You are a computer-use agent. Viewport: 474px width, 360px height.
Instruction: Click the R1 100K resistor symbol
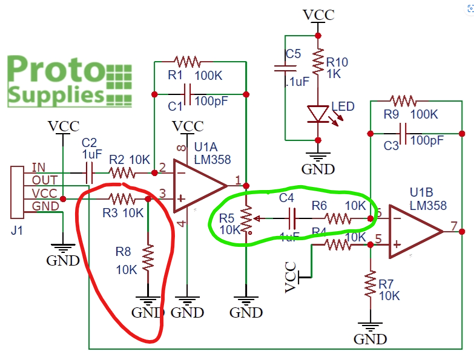186,61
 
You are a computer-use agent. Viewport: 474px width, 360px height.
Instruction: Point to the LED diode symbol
317,113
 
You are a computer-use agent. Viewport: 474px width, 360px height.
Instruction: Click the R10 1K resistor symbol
317,62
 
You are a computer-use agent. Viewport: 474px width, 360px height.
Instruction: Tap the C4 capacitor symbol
292,217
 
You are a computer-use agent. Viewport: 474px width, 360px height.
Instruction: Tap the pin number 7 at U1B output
453,226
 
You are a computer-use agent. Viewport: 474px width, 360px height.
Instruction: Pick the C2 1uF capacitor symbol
89,173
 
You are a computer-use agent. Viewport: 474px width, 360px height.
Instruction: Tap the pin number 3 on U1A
162,194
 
